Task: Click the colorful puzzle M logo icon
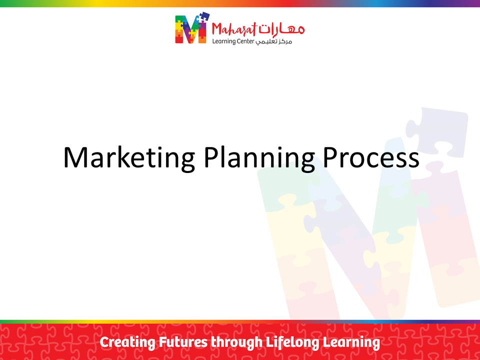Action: click(x=192, y=28)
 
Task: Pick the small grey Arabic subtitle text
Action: click(x=274, y=41)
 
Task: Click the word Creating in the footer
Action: click(x=127, y=342)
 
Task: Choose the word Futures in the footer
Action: click(x=183, y=342)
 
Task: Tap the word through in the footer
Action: click(x=236, y=342)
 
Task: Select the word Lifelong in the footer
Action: click(x=292, y=342)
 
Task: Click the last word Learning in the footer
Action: click(x=351, y=342)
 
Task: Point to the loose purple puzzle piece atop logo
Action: click(x=202, y=17)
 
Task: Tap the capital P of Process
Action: click(x=330, y=157)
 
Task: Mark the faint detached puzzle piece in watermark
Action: click(x=437, y=131)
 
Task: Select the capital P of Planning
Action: click(x=210, y=157)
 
